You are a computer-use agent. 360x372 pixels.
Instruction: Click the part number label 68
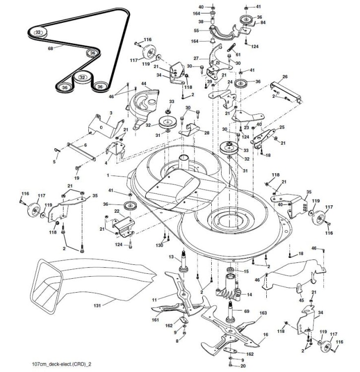pyautogui.click(x=50, y=48)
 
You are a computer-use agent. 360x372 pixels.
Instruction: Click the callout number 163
pyautogui.click(x=263, y=313)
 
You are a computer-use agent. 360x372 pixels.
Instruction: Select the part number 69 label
pyautogui.click(x=246, y=311)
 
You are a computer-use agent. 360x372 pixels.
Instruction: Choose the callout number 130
pyautogui.click(x=159, y=246)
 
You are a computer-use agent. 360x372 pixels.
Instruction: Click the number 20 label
pyautogui.click(x=242, y=366)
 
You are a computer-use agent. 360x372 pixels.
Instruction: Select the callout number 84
pyautogui.click(x=262, y=23)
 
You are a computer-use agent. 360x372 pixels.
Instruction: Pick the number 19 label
pyautogui.click(x=77, y=178)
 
